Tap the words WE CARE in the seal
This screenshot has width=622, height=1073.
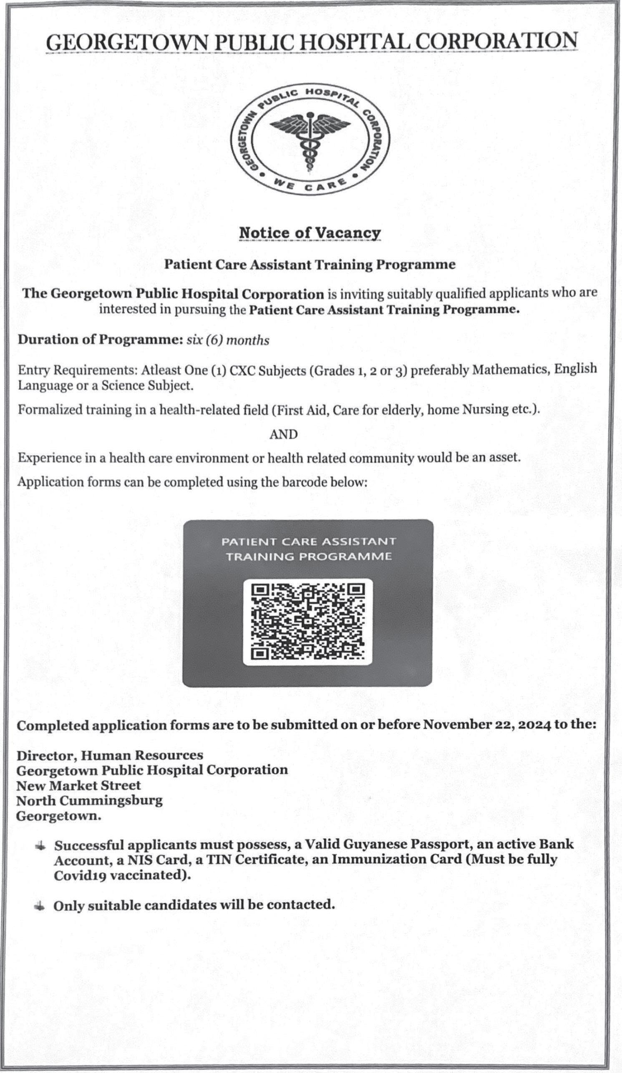tap(310, 186)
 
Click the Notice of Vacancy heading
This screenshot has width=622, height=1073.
tap(310, 233)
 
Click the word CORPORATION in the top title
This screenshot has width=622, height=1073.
tap(496, 41)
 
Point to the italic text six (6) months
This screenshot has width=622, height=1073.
tap(228, 341)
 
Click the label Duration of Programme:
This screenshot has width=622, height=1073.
tap(100, 340)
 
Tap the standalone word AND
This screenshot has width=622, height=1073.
tap(284, 434)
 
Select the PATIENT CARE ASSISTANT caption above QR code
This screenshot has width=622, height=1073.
tap(308, 542)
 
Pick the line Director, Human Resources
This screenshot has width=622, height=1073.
tap(110, 755)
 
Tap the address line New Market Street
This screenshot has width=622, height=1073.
tap(78, 785)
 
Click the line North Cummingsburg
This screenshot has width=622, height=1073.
tap(89, 800)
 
